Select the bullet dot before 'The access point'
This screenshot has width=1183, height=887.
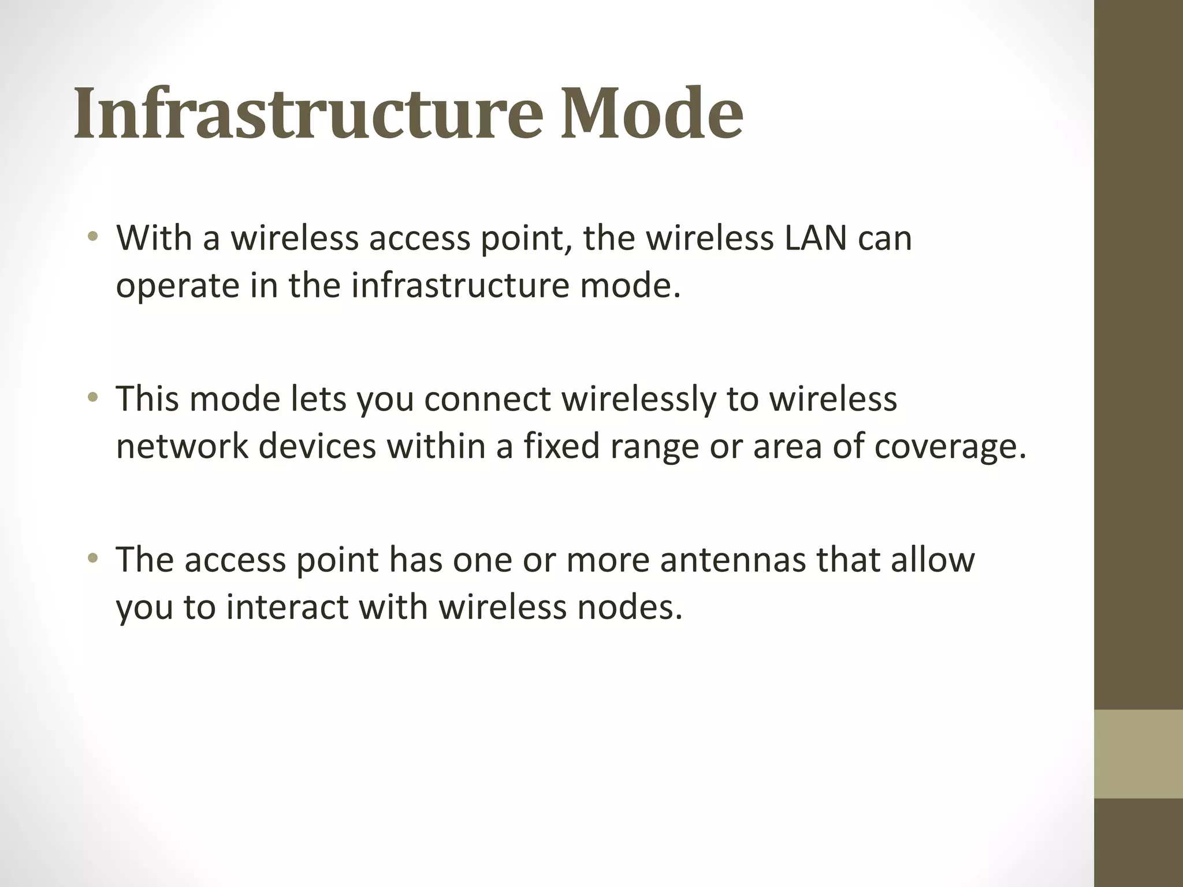(x=93, y=558)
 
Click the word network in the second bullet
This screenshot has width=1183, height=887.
(x=182, y=446)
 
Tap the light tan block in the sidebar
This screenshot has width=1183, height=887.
(x=1139, y=754)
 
